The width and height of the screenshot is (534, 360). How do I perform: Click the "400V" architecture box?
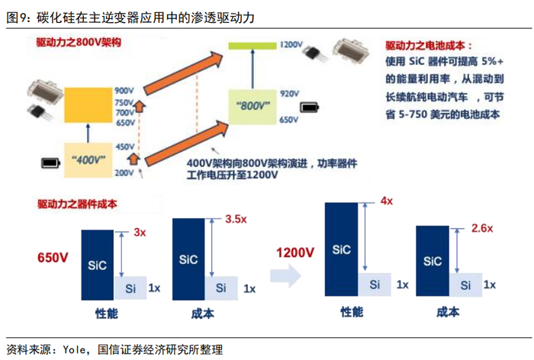[87, 159]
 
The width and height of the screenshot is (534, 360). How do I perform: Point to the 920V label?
[288, 94]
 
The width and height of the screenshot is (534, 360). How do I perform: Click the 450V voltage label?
[124, 146]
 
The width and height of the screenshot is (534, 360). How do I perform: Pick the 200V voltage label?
[124, 174]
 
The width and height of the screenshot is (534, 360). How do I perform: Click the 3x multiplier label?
[140, 232]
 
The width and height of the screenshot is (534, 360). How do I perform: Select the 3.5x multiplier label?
[237, 219]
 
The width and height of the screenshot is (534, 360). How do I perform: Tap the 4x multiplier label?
[387, 201]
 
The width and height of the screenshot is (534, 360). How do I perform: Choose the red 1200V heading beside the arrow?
[295, 252]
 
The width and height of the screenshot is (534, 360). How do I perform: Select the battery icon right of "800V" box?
[310, 108]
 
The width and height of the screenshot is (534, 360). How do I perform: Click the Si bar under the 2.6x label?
[465, 285]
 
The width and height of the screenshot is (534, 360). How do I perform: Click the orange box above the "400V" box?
[87, 105]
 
